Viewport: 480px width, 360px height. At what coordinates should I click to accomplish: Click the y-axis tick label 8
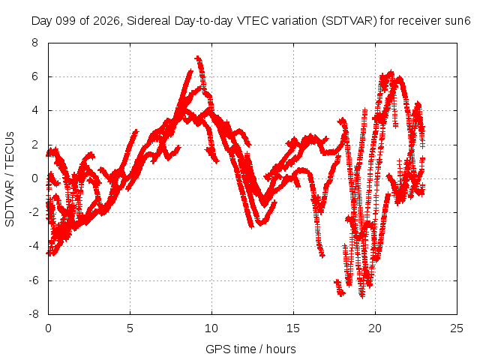(x=35, y=43)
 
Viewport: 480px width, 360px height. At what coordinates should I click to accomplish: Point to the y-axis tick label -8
(x=34, y=314)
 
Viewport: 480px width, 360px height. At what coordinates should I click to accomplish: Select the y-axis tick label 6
(x=35, y=76)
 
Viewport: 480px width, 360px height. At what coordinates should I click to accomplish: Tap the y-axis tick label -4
(x=34, y=246)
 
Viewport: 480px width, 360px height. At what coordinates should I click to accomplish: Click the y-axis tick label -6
(x=34, y=280)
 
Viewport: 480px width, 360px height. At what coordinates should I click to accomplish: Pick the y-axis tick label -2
(x=34, y=212)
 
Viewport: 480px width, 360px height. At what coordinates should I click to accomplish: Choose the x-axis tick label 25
(x=457, y=328)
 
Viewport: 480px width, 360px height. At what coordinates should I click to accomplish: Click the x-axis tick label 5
(x=130, y=328)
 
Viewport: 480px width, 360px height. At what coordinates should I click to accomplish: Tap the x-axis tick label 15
(x=293, y=328)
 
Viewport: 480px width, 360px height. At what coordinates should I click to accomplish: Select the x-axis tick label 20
(x=375, y=328)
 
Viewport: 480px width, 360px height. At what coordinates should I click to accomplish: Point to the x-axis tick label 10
(x=211, y=328)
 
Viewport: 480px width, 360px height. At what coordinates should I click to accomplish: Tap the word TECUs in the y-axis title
(x=10, y=150)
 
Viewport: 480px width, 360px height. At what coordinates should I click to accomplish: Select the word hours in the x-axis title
(x=281, y=349)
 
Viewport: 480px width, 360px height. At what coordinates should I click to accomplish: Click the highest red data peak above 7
(x=198, y=58)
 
